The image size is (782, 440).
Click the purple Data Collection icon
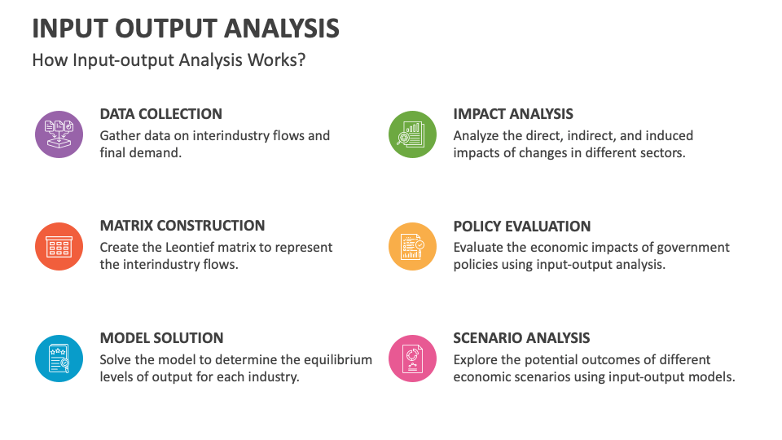[x=59, y=134]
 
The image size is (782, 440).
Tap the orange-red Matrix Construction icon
[x=59, y=246]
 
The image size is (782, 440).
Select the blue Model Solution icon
[x=59, y=359]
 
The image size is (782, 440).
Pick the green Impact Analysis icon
[x=412, y=134]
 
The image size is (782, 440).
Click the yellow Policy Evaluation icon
[x=412, y=246]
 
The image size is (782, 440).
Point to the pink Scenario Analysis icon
[x=412, y=359]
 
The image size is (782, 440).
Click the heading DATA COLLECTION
[x=161, y=114]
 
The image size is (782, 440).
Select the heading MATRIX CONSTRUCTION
[x=182, y=226]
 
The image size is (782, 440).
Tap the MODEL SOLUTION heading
[x=161, y=337]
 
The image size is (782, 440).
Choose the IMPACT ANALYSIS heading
[x=513, y=114]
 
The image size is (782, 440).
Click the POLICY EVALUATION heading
[x=521, y=226]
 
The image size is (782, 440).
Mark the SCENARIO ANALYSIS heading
[x=521, y=337]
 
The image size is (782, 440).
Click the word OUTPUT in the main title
[x=166, y=29]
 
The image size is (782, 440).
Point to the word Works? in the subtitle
[x=277, y=59]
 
